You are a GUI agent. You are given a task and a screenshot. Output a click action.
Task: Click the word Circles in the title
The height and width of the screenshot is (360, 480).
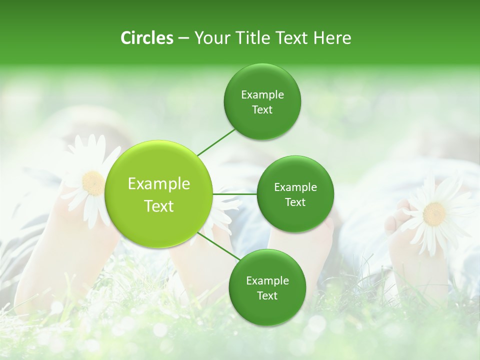(x=146, y=38)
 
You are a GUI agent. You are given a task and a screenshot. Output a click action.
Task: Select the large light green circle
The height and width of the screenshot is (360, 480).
(x=159, y=194)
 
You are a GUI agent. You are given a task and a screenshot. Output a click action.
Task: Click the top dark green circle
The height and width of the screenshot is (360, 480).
(x=262, y=102)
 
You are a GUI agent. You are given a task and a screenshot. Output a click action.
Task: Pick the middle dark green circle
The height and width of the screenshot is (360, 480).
(x=295, y=194)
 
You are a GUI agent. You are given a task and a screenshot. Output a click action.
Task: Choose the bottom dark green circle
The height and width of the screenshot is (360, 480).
(x=267, y=288)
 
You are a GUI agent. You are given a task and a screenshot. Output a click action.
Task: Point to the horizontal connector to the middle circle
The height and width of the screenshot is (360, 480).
(x=235, y=194)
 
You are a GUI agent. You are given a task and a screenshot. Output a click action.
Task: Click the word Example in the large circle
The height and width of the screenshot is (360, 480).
(x=159, y=184)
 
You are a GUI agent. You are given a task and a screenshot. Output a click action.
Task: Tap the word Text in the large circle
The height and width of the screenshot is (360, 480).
(x=159, y=206)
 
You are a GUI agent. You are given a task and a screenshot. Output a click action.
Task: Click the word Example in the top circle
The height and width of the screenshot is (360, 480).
(x=262, y=94)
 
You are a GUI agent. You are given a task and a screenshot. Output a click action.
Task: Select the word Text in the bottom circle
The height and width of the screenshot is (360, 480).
(x=267, y=295)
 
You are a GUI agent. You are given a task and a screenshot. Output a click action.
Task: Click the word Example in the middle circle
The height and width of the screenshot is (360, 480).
(x=295, y=187)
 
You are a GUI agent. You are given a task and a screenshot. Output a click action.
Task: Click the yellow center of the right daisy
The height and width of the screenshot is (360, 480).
(x=434, y=213)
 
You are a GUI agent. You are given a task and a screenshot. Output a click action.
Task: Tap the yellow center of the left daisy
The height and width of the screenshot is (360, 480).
(x=93, y=182)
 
